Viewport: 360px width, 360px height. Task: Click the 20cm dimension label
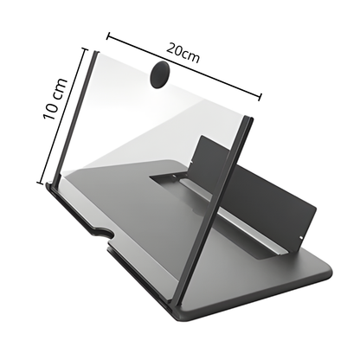(x=183, y=53)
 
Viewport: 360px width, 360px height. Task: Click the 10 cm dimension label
(x=55, y=99)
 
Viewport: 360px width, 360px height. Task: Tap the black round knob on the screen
(x=159, y=74)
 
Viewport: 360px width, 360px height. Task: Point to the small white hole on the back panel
(x=301, y=238)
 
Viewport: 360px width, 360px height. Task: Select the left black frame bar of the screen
(x=75, y=119)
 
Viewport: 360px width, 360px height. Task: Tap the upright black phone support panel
(x=254, y=189)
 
